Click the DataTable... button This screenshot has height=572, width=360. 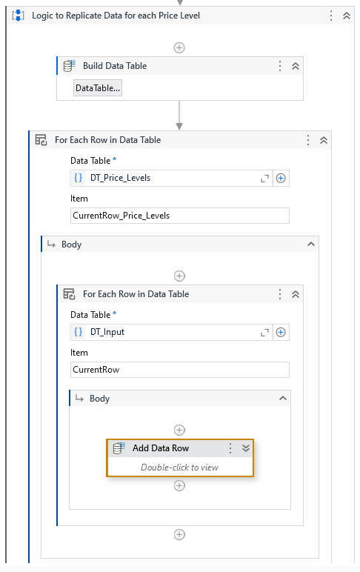point(97,88)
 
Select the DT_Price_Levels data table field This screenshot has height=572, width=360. point(171,178)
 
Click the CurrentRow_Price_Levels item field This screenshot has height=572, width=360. point(179,216)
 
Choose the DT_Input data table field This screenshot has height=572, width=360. point(171,332)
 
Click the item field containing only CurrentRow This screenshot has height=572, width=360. point(179,370)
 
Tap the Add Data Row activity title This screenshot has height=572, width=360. point(161,448)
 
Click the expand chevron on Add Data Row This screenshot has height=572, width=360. point(246,448)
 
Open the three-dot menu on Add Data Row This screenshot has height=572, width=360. point(230,448)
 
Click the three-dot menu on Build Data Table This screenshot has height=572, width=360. point(280,66)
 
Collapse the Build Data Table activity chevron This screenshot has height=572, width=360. point(296,66)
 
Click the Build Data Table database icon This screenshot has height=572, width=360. point(70,66)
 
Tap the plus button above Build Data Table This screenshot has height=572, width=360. point(179,47)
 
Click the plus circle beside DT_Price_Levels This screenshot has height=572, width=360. point(281,178)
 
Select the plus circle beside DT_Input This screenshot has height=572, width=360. point(281,332)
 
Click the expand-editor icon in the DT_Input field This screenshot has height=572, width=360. point(264,333)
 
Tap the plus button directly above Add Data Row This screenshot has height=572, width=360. point(179,430)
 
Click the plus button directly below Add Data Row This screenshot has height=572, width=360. point(179,486)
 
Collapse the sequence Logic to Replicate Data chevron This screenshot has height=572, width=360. point(347,16)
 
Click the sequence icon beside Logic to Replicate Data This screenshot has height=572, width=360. point(18,16)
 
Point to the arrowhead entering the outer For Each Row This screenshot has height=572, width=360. point(179,126)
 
